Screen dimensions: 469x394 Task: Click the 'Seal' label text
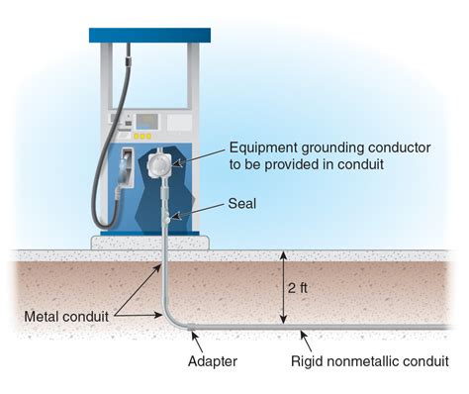point(241,204)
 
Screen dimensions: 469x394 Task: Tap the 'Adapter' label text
point(213,361)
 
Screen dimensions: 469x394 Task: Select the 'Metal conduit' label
point(66,317)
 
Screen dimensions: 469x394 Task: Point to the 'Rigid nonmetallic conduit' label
point(370,361)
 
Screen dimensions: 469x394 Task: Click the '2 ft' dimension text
point(297,288)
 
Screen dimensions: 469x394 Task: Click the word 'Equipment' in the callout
point(263,148)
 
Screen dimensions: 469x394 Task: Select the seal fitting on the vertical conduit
point(167,219)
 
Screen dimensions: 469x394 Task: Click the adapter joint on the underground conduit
point(190,328)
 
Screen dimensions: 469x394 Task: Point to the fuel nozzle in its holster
point(125,171)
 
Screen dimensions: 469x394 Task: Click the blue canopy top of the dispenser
point(149,36)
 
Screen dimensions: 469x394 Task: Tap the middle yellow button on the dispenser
point(142,137)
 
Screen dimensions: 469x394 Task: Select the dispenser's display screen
point(147,122)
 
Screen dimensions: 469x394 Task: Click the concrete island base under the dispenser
point(150,243)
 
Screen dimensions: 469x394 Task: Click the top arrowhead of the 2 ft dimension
point(284,255)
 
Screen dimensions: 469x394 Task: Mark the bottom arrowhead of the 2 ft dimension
point(284,320)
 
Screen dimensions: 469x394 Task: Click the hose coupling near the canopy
point(128,61)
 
